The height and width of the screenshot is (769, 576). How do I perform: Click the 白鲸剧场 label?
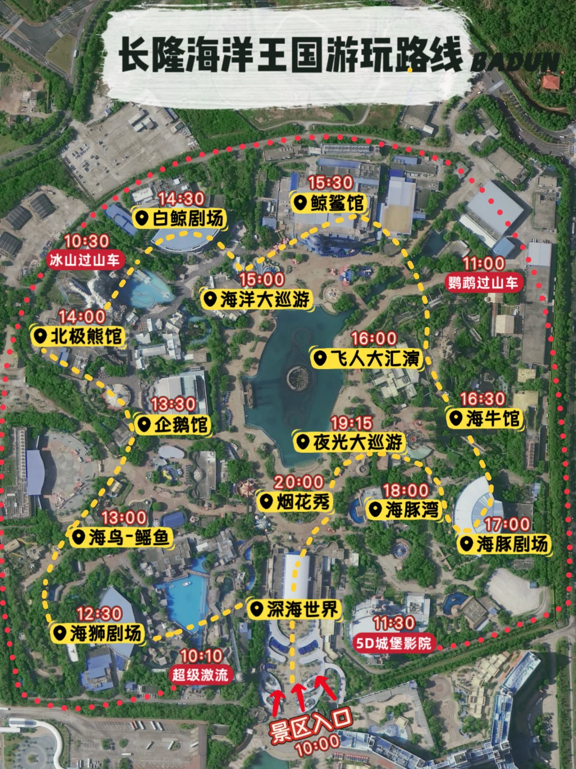coord(180,218)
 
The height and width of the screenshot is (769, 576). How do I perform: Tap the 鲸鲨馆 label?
coord(330,203)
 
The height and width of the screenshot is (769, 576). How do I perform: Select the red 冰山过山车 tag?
coord(86,260)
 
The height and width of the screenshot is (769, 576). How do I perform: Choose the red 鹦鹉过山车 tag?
coord(483,283)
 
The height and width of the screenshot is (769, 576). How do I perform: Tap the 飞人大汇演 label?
coord(367,358)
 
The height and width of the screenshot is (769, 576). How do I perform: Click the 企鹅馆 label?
coord(173,425)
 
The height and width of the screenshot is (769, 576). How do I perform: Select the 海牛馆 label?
coord(485,419)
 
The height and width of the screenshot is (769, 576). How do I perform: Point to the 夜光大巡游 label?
coord(350,442)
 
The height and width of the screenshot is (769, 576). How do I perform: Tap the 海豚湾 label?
coord(404,509)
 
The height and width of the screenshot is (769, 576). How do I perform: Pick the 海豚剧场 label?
coord(504,544)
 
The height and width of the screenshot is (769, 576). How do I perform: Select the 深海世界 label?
coord(295,609)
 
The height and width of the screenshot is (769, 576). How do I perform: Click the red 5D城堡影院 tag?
coord(393,643)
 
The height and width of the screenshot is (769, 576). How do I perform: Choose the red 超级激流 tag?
coord(200,674)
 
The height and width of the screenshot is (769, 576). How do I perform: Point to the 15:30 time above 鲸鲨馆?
coord(331,183)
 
